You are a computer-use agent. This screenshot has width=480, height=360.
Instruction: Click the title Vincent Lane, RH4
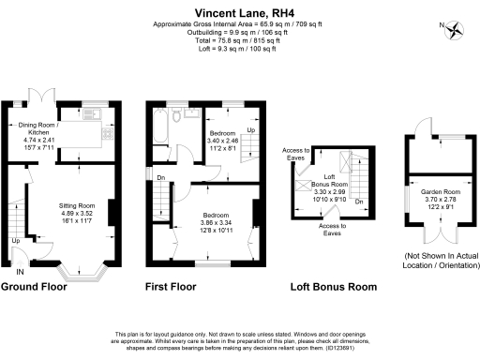(x=239, y=13)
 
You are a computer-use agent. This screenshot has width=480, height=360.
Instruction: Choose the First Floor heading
(x=174, y=287)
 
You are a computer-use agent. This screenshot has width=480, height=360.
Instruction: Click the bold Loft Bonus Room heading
(x=333, y=287)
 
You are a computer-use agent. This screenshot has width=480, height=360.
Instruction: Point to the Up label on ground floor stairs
(x=16, y=240)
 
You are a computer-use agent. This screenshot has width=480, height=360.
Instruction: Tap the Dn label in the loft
(x=360, y=202)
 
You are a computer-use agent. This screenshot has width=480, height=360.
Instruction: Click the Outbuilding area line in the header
(x=239, y=34)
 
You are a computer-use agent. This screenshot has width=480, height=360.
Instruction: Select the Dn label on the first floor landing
(x=159, y=178)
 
